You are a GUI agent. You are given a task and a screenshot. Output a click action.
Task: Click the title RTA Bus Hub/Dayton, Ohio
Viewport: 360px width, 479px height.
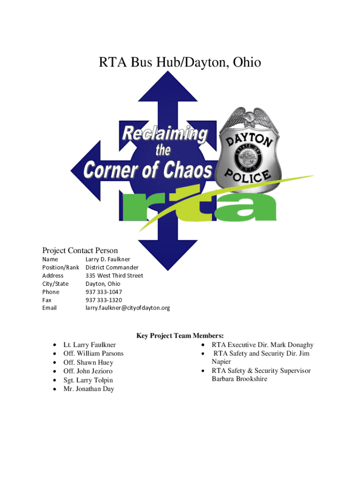(x=180, y=62)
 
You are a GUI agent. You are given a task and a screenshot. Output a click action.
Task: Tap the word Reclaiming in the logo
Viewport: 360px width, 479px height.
(x=165, y=134)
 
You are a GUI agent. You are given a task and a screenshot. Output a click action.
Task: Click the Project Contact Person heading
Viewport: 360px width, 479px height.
(x=80, y=250)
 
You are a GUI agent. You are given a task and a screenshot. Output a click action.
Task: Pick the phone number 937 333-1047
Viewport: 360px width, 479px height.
(x=104, y=292)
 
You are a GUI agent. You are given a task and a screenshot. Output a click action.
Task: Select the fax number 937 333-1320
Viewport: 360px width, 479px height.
(x=104, y=300)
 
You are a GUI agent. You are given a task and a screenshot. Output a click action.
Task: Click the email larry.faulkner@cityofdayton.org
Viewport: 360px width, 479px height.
(x=128, y=308)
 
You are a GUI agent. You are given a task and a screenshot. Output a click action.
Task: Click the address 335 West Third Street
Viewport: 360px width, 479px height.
(x=114, y=276)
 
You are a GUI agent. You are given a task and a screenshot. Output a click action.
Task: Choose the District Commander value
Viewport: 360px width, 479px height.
(x=112, y=268)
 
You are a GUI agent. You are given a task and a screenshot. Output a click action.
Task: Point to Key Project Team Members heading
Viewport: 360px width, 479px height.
(x=180, y=335)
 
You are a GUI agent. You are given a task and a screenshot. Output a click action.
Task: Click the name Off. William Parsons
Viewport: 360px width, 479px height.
(x=94, y=354)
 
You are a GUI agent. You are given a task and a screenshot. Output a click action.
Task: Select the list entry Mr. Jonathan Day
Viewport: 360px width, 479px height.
(x=89, y=389)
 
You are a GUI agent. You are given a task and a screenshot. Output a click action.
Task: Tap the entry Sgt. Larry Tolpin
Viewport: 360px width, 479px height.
(x=88, y=380)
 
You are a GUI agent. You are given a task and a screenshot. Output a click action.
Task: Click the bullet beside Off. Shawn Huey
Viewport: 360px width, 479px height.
(x=55, y=363)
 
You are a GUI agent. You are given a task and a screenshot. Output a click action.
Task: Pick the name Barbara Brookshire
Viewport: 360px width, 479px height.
(x=239, y=379)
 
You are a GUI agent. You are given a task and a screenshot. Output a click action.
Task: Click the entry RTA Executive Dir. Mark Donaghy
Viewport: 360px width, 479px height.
(x=262, y=345)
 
